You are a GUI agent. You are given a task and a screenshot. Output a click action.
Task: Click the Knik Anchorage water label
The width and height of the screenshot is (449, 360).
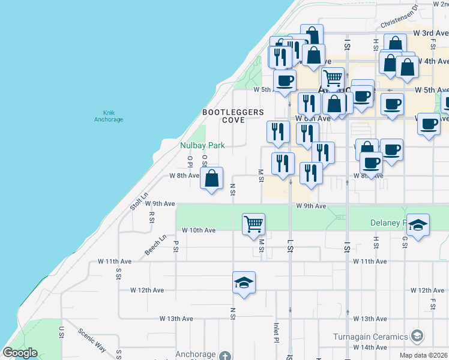pyautogui.click(x=109, y=116)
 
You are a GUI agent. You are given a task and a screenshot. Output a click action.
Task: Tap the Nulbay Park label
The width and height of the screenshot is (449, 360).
pyautogui.click(x=202, y=145)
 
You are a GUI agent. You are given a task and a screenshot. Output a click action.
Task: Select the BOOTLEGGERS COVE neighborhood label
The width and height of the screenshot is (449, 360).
pyautogui.click(x=233, y=116)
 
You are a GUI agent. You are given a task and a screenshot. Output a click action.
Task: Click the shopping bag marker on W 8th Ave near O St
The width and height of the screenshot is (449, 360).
pyautogui.click(x=211, y=178)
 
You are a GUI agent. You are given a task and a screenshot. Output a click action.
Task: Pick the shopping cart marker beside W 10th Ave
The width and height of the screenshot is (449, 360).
pyautogui.click(x=253, y=224)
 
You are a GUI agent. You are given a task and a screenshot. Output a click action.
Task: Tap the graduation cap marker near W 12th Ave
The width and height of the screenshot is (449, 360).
pyautogui.click(x=244, y=283)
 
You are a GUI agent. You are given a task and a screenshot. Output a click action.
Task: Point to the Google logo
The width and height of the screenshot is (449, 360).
pyautogui.click(x=19, y=353)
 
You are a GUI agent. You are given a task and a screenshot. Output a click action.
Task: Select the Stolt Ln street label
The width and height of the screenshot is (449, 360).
pyautogui.click(x=139, y=201)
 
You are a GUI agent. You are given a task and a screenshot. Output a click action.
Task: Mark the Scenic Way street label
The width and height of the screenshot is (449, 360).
pyautogui.click(x=92, y=339)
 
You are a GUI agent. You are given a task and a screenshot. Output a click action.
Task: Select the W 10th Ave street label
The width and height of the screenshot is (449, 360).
pyautogui.click(x=198, y=230)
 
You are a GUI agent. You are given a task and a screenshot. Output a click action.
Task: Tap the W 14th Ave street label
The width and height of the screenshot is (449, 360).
pyautogui.click(x=370, y=347)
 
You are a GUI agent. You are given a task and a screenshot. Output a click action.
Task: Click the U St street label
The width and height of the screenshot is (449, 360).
pyautogui.click(x=61, y=331)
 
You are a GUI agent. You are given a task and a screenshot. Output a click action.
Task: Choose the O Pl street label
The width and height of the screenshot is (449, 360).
pyautogui.click(x=190, y=161)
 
